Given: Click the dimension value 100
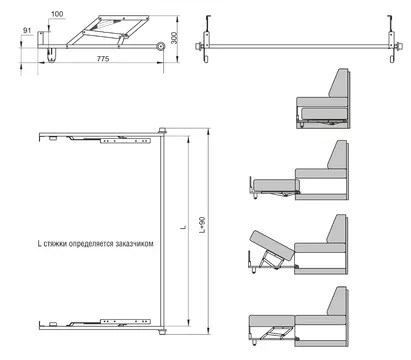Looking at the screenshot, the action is [x=58, y=14].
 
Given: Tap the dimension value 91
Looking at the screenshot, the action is [x=27, y=30].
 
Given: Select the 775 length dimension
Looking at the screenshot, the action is [x=103, y=59].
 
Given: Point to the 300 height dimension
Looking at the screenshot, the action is [x=174, y=38].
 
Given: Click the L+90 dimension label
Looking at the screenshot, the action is [x=202, y=225].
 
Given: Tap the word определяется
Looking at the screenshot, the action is [x=91, y=244].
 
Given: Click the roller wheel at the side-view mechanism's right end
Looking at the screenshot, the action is [x=161, y=47].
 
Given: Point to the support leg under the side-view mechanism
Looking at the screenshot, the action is [x=51, y=55].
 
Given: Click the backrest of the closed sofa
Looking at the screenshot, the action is [x=338, y=83].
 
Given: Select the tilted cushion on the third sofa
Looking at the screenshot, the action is [x=272, y=246].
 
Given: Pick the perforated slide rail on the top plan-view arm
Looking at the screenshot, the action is [x=125, y=141].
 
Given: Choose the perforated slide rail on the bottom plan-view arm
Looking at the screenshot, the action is [x=125, y=322].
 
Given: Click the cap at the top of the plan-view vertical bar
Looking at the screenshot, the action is [x=162, y=131].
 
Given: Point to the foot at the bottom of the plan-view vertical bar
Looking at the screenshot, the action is [x=163, y=332].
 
